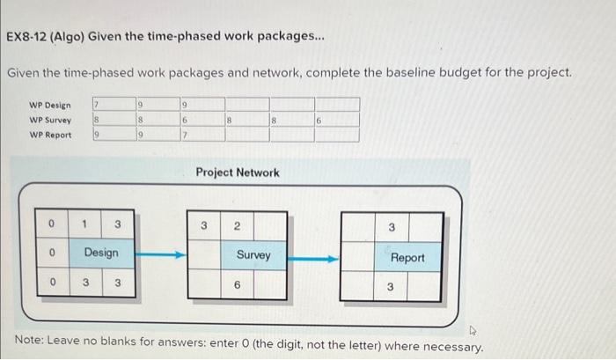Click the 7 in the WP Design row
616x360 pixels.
98,106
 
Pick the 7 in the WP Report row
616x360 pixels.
185,135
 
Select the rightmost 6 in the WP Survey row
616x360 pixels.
319,121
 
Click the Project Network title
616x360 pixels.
238,173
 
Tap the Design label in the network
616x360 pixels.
100,253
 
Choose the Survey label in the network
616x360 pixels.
253,255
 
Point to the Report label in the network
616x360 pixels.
407,257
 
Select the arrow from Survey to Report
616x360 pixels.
313,259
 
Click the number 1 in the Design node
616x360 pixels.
84,224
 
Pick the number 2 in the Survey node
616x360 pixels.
237,226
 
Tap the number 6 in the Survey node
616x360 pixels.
237,285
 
